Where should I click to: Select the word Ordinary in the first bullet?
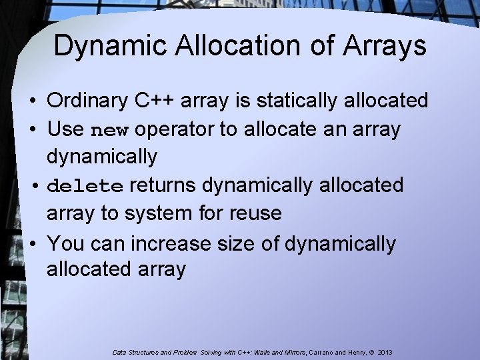pyautogui.click(x=88, y=101)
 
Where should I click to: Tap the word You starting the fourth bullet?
pyautogui.click(x=66, y=243)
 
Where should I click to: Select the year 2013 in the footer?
pyautogui.click(x=384, y=351)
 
